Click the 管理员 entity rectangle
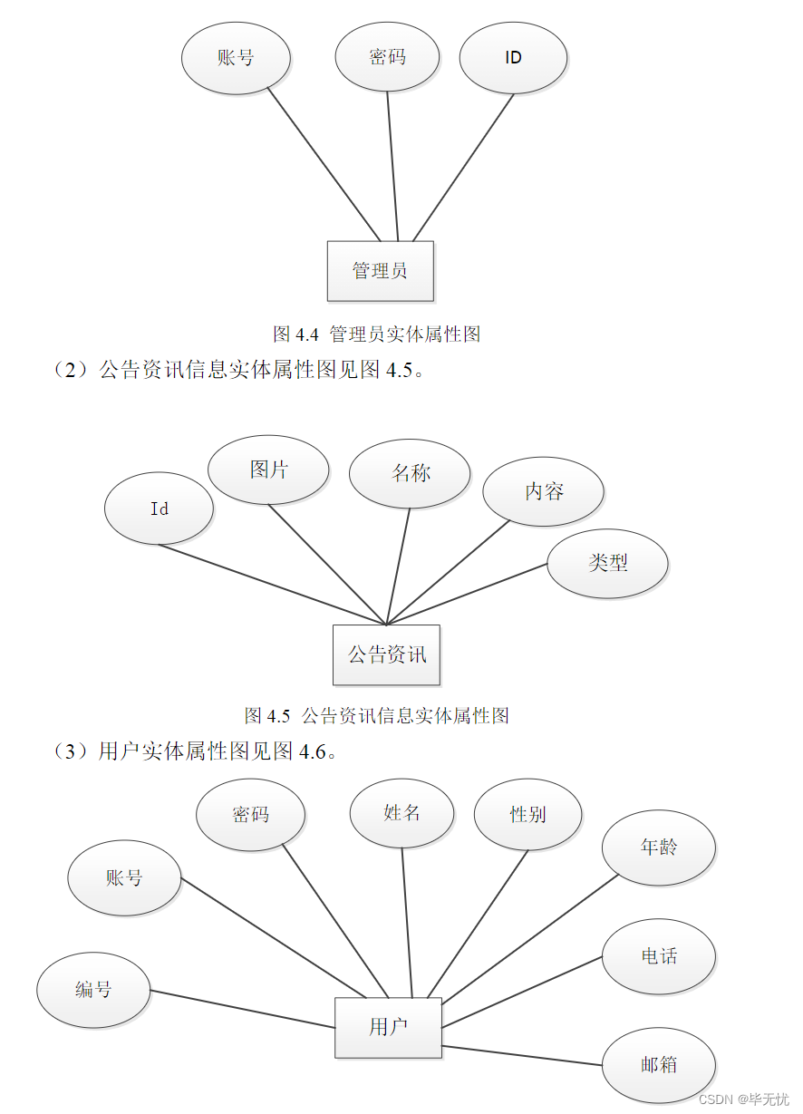[x=380, y=271]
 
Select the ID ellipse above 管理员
[x=513, y=58]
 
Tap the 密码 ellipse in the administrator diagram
[x=387, y=57]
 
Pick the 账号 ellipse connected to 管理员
[x=236, y=58]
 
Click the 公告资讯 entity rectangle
[x=386, y=654]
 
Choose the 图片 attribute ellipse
[x=268, y=470]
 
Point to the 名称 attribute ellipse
[x=410, y=473]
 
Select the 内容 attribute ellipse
[x=543, y=491]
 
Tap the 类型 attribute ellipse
[x=607, y=563]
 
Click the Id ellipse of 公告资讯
[x=159, y=509]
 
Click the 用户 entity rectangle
[x=388, y=1027]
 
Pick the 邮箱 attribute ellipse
[x=659, y=1065]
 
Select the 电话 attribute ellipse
[x=659, y=956]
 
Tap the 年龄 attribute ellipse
[x=659, y=848]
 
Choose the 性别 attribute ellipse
[x=527, y=814]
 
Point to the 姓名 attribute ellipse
[x=401, y=812]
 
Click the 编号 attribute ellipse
[x=93, y=990]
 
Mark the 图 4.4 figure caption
[x=376, y=334]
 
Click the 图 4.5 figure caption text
[x=376, y=716]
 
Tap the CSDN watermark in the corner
[x=744, y=1099]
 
